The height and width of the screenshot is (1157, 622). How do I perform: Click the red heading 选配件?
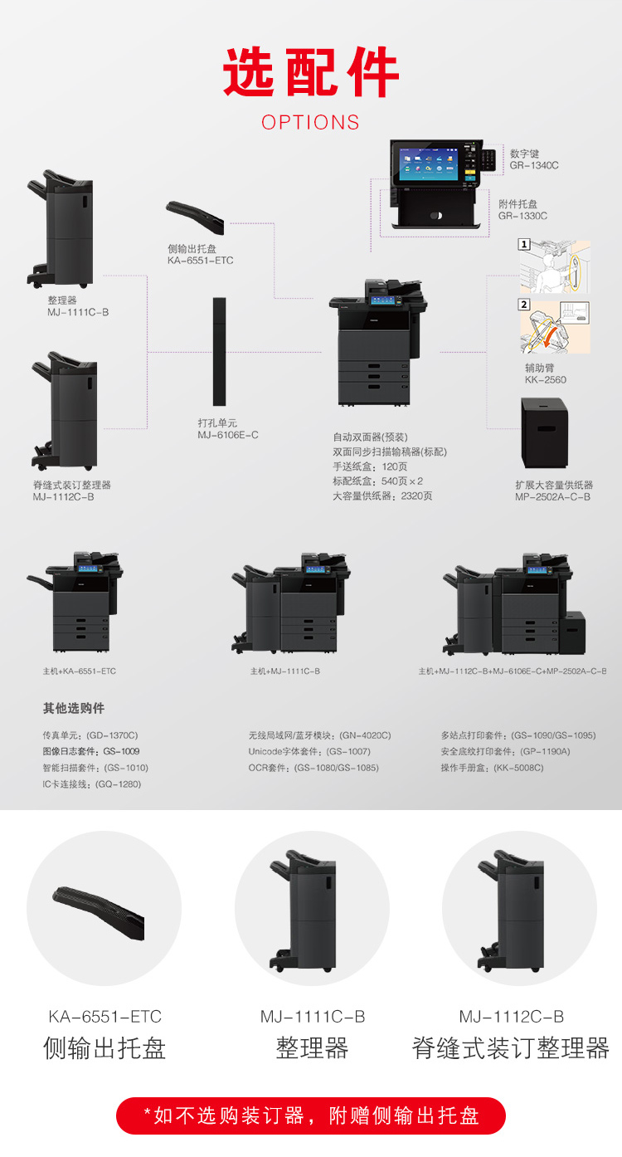click(x=311, y=72)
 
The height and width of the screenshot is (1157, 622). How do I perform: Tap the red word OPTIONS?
click(x=310, y=122)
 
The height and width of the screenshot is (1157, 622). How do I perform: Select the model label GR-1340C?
click(x=534, y=165)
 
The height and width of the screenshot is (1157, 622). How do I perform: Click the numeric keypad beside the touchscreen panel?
click(x=488, y=159)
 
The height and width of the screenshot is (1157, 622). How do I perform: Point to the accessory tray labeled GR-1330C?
click(x=436, y=209)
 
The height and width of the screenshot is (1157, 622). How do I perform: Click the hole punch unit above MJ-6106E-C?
click(x=220, y=352)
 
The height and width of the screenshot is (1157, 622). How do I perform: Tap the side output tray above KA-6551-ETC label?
click(x=195, y=217)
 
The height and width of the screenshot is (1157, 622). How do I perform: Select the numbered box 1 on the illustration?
click(x=524, y=244)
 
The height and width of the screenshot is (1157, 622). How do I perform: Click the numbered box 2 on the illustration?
click(x=524, y=305)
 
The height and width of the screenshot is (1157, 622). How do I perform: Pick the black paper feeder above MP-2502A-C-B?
click(x=545, y=433)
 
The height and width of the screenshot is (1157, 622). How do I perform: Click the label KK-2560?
click(x=546, y=380)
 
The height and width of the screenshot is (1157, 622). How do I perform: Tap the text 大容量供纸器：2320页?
click(x=382, y=496)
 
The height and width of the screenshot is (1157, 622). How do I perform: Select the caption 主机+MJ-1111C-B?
click(x=285, y=671)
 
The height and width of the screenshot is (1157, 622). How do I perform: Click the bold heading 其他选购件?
click(x=74, y=708)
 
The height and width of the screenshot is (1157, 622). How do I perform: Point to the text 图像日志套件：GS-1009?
click(x=91, y=751)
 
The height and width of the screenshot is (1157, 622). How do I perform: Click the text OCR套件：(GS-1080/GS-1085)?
click(x=313, y=768)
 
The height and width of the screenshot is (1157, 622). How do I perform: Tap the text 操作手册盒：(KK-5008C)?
click(x=492, y=768)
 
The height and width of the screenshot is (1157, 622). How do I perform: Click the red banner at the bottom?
click(x=311, y=1116)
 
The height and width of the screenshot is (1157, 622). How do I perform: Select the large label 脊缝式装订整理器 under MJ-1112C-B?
click(x=511, y=1048)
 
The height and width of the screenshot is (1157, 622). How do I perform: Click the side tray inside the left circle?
click(x=99, y=912)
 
